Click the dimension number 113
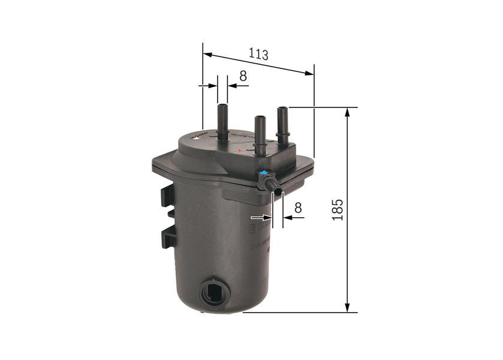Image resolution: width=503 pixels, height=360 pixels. click(258, 54)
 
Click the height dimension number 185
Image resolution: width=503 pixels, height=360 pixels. click(338, 209)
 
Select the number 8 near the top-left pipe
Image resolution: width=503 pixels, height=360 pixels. click(243, 76)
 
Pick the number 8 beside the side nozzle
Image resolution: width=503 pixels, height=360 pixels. click(298, 208)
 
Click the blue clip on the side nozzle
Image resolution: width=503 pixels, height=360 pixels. click(264, 175)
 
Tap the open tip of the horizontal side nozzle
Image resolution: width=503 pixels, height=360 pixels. click(278, 191)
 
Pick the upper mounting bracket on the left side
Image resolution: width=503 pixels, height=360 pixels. click(167, 195)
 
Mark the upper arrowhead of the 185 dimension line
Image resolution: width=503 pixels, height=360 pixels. click(347, 112)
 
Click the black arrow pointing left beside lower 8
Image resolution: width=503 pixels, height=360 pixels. click(288, 218)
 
